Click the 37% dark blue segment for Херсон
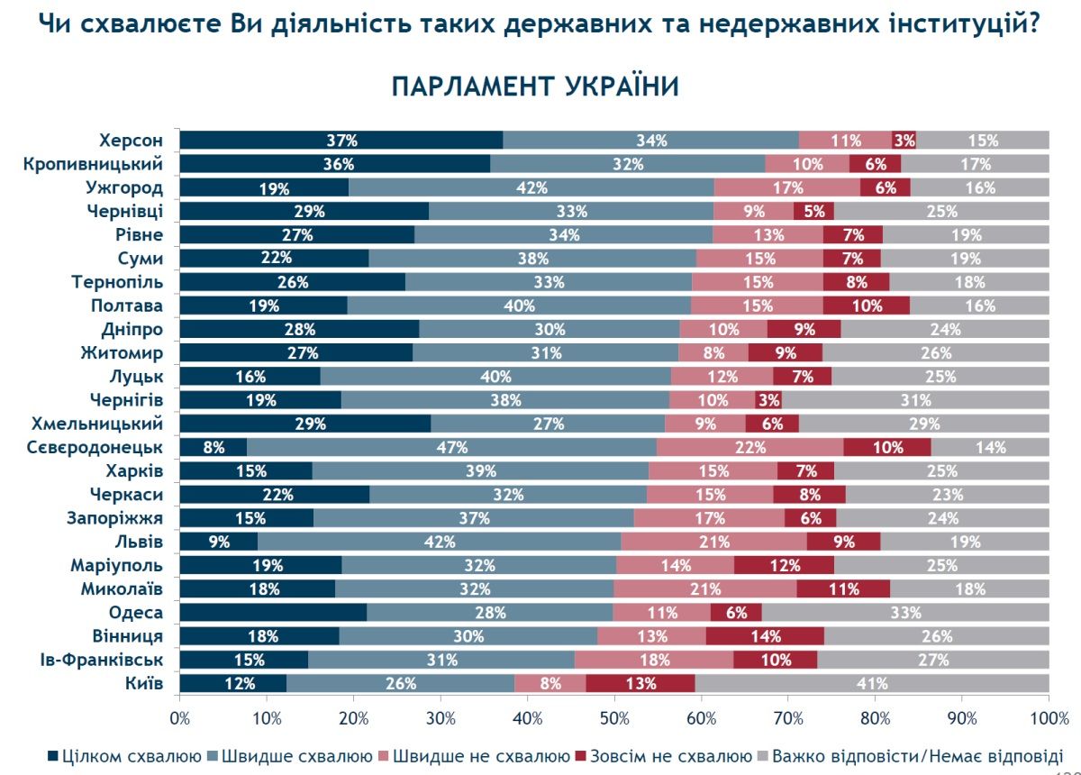(x=341, y=140)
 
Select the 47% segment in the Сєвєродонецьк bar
(x=451, y=447)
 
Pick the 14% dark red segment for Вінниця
(x=764, y=636)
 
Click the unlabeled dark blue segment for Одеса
(x=274, y=613)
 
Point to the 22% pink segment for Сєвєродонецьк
(x=749, y=447)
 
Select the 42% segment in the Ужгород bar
(x=531, y=187)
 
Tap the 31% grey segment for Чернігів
(x=915, y=400)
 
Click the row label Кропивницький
(x=106, y=164)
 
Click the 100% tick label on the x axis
(x=1049, y=718)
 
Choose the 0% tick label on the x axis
(x=180, y=718)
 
